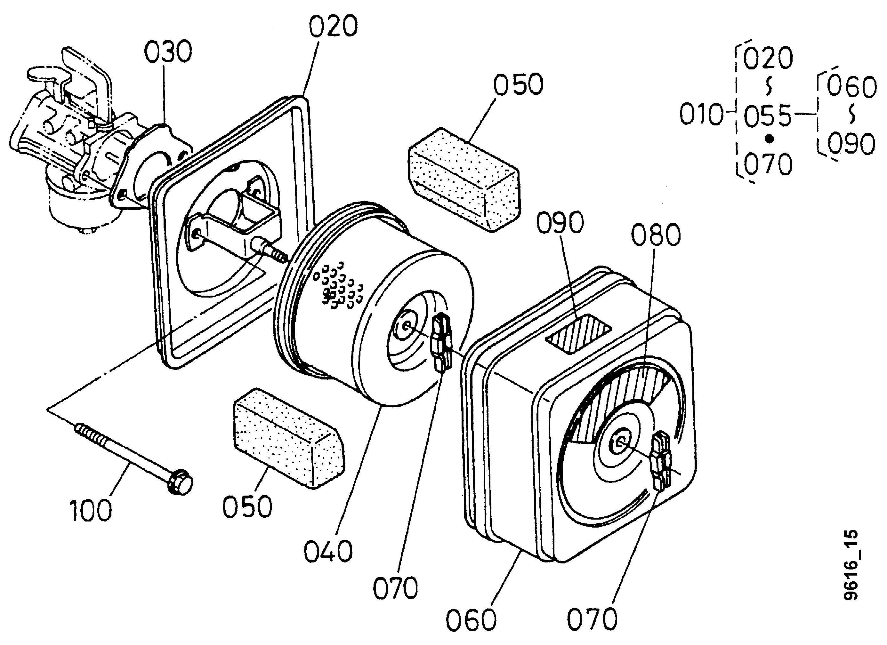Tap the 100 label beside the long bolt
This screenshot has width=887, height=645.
pyautogui.click(x=91, y=511)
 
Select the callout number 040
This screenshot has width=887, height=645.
pyautogui.click(x=328, y=552)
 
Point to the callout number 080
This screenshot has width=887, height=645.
pyautogui.click(x=656, y=235)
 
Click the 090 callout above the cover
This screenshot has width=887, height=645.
pyautogui.click(x=560, y=223)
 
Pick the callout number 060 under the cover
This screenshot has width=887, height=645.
pyautogui.click(x=471, y=620)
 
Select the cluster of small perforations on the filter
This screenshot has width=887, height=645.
pyautogui.click(x=339, y=288)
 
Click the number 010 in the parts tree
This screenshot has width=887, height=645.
pyautogui.click(x=701, y=115)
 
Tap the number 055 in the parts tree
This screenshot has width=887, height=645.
pyautogui.click(x=767, y=116)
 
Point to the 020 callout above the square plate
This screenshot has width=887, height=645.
pyautogui.click(x=333, y=26)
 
